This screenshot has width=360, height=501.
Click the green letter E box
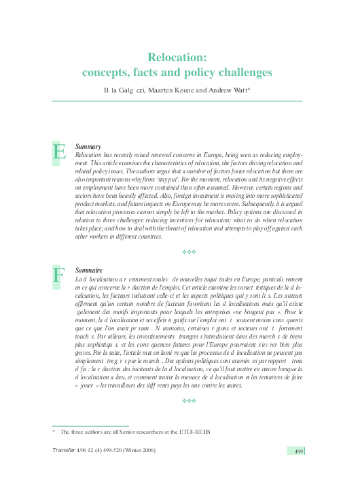[x=60, y=152]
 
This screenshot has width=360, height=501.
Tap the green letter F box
[x=59, y=276]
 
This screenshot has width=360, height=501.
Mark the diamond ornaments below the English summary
[x=190, y=252]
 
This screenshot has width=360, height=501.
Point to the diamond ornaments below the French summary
[x=190, y=401]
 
